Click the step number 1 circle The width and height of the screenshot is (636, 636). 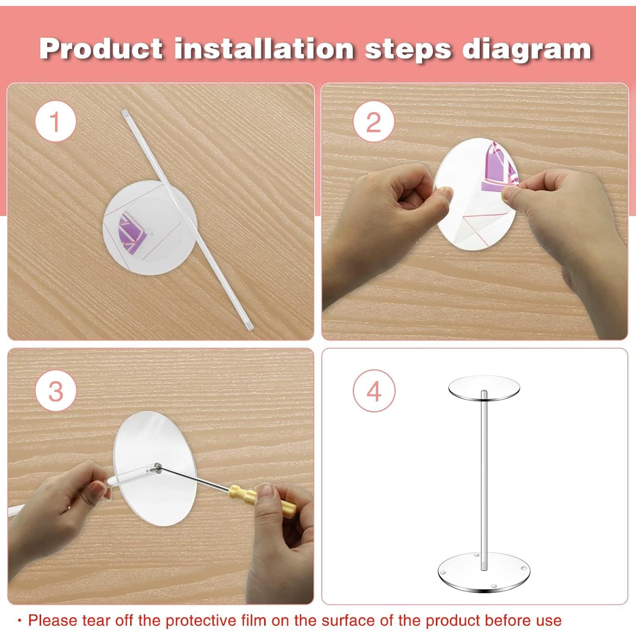pos(56,122)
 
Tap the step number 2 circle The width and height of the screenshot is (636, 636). pos(374,122)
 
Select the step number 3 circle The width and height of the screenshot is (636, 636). pos(56,391)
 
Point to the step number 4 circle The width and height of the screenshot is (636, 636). pos(374,391)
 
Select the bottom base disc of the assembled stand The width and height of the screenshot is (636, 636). pos(484,571)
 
